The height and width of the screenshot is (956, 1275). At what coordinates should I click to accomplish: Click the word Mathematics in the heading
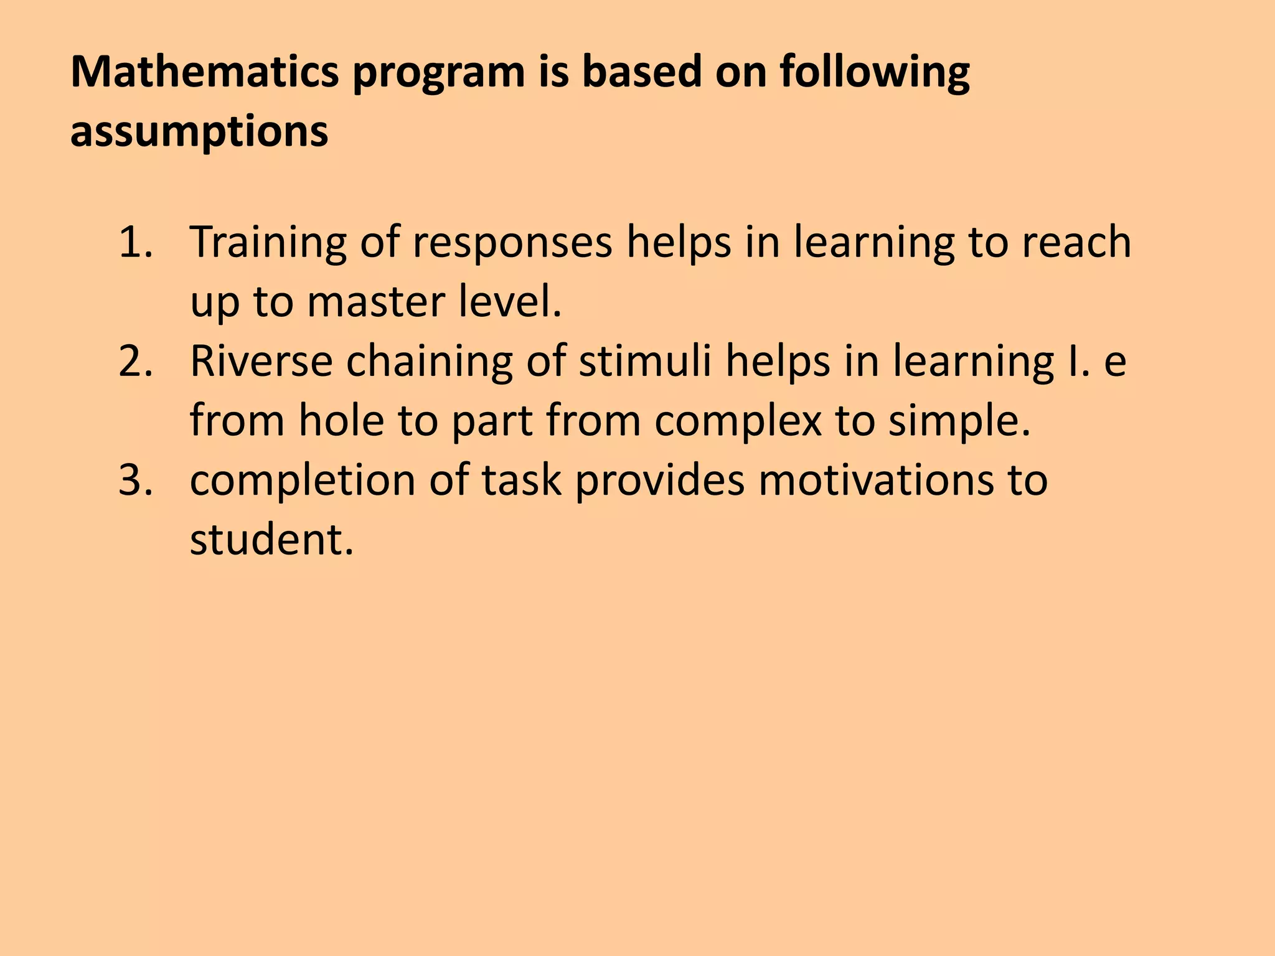coord(205,72)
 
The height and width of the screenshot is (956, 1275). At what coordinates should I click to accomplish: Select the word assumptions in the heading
coord(199,132)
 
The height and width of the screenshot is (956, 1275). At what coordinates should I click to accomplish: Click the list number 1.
coord(134,242)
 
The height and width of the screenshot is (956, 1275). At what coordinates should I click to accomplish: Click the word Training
coord(268,243)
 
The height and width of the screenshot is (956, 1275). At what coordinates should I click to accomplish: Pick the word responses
coord(512,243)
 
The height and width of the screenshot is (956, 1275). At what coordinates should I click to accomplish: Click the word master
coord(376,302)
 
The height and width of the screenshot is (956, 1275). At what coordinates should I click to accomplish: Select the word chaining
coord(429,363)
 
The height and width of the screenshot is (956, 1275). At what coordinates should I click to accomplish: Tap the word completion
coord(303,482)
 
